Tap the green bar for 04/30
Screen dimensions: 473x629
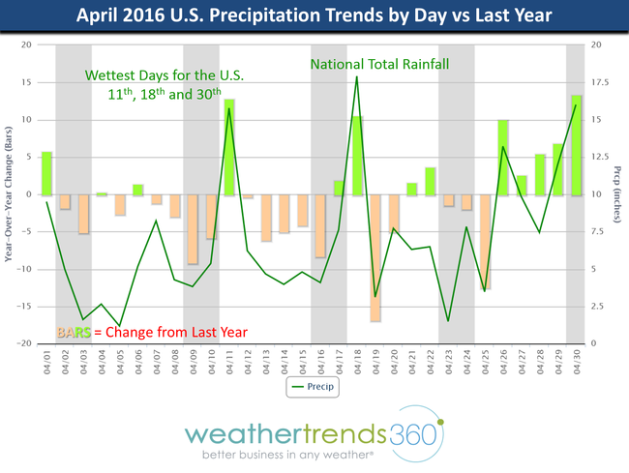(576, 145)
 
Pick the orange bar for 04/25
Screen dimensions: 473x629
(484, 242)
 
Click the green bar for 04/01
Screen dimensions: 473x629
(46, 173)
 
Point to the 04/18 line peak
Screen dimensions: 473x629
(357, 76)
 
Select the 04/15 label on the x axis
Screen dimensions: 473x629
(302, 365)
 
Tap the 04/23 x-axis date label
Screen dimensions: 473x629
(448, 365)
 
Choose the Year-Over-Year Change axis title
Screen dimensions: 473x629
(8, 194)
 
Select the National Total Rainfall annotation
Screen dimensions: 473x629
(381, 66)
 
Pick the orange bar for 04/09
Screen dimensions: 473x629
(193, 228)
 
